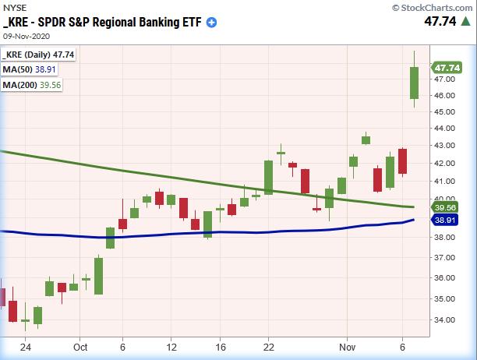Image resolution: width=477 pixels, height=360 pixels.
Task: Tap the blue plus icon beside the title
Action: coord(212,23)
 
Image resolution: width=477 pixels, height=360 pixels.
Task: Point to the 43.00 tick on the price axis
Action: coord(446,146)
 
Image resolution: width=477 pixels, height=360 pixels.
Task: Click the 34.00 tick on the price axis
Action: coord(446,319)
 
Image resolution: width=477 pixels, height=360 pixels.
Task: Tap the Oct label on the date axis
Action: coord(81,347)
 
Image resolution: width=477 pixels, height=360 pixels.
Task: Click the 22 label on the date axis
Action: coord(268,347)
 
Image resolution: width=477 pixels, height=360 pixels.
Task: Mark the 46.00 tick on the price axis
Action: coord(446,96)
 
